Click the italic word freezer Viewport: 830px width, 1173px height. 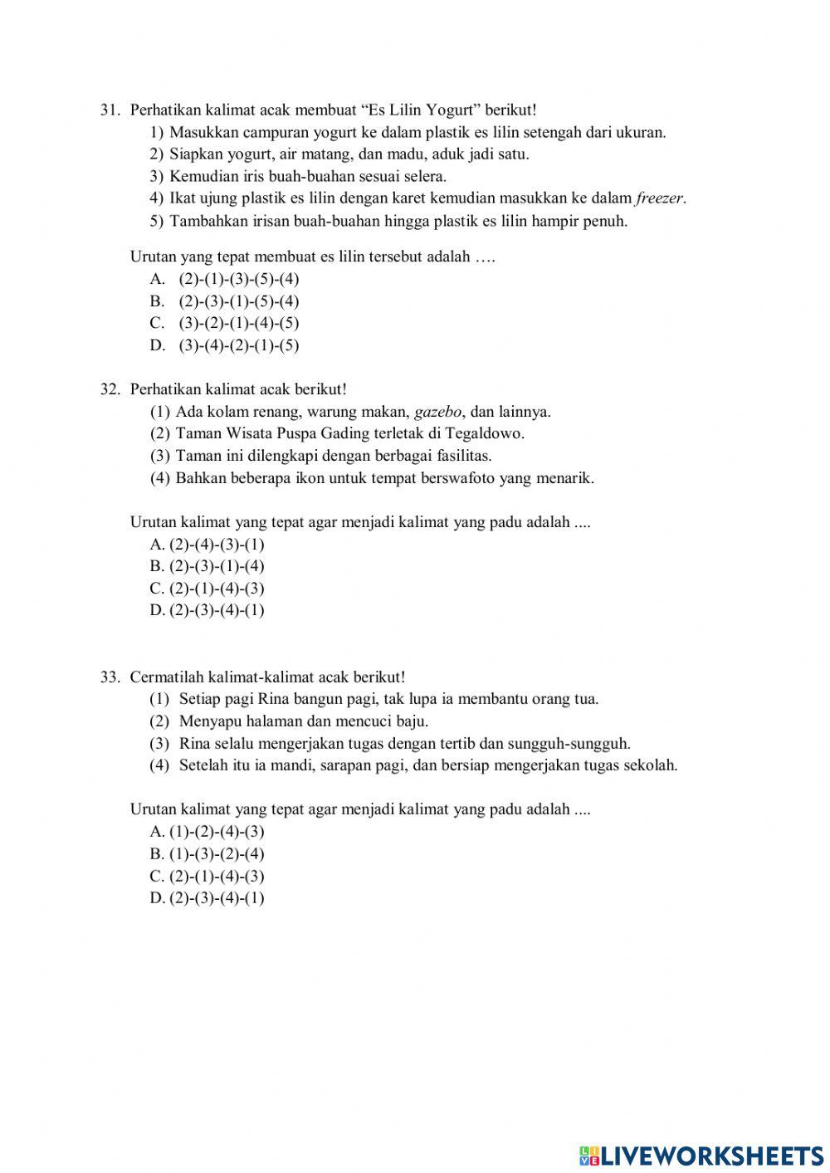pyautogui.click(x=661, y=198)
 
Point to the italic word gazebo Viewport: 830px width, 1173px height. pyautogui.click(x=437, y=411)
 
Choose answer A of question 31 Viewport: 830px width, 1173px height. pyautogui.click(x=224, y=279)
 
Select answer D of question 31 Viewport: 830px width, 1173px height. pyautogui.click(x=224, y=345)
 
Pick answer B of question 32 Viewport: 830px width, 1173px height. pyautogui.click(x=207, y=566)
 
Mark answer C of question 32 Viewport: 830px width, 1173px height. pyautogui.click(x=207, y=589)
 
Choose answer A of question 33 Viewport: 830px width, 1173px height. pyautogui.click(x=207, y=832)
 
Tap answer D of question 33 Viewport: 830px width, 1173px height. pyautogui.click(x=207, y=897)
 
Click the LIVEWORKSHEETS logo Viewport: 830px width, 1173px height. pyautogui.click(x=701, y=1155)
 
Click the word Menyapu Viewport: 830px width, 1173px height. pyautogui.click(x=209, y=721)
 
